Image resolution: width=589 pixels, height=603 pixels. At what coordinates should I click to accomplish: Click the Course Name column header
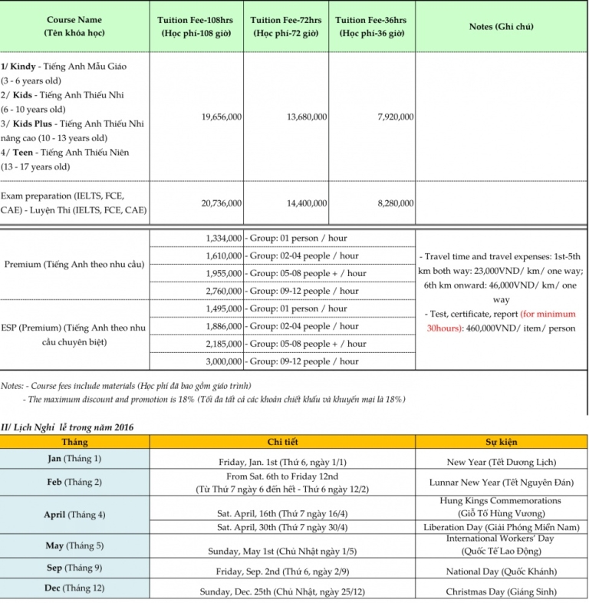(74, 26)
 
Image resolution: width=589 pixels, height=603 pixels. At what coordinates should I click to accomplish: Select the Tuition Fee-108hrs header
(197, 26)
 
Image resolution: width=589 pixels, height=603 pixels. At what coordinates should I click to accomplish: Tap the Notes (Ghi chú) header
(501, 26)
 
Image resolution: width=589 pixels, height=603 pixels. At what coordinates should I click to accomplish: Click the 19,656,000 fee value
(222, 117)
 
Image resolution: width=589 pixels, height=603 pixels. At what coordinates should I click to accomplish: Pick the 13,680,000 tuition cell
(307, 117)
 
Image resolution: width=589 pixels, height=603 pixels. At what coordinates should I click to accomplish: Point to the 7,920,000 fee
(396, 117)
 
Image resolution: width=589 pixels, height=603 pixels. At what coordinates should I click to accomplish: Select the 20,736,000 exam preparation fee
(222, 203)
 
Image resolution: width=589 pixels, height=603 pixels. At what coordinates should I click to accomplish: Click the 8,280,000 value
(396, 203)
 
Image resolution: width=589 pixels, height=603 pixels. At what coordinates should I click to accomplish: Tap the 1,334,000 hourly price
(224, 239)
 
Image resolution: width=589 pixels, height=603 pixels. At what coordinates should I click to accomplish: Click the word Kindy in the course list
(25, 67)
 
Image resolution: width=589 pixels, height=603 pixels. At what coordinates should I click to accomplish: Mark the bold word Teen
(23, 153)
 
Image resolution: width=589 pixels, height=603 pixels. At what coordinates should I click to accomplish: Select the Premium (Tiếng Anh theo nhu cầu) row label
(74, 265)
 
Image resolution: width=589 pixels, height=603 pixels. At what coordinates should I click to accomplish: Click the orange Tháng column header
(74, 443)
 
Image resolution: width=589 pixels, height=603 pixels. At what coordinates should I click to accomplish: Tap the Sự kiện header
(501, 443)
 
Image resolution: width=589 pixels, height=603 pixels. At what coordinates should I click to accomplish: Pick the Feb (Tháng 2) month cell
(74, 482)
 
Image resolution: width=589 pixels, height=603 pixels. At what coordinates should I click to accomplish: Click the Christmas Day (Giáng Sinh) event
(501, 592)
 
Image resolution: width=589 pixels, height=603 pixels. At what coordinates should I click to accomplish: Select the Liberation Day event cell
(501, 528)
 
